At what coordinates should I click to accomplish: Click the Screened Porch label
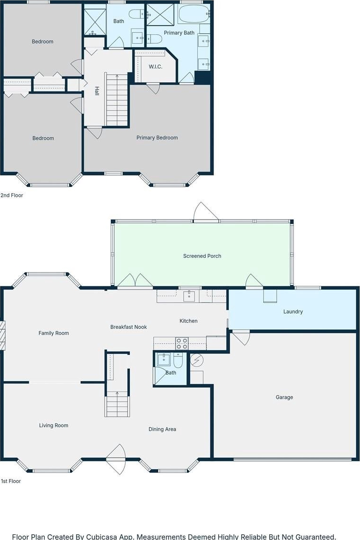coord(202,256)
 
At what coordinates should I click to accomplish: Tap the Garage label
coord(284,397)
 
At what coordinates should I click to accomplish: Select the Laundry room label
coord(293,312)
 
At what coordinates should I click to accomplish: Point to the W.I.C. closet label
coord(156,67)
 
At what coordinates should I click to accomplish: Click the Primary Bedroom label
coord(157,138)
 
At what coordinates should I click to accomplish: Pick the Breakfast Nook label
coord(128,327)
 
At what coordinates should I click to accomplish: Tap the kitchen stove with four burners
coord(182,344)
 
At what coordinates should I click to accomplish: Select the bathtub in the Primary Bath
coord(194,14)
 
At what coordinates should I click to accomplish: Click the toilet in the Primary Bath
coord(155,39)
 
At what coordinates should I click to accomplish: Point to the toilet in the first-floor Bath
coord(178,360)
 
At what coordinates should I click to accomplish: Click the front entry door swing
coord(116,460)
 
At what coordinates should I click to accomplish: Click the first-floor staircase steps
coord(117,404)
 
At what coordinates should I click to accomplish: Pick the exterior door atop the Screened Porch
coord(206,211)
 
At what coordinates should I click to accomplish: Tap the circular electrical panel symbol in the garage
coord(197,360)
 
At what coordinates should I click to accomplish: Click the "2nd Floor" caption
coord(12,195)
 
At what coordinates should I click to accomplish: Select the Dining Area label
coord(162,429)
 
